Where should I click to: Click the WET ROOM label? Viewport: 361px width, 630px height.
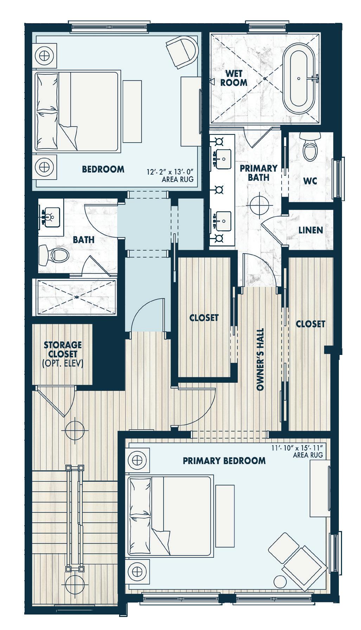[x=236, y=78]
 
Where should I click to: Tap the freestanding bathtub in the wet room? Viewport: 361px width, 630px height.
[x=298, y=79]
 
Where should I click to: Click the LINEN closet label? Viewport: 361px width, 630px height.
[x=311, y=230]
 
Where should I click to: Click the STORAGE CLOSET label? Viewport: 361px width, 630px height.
[x=63, y=349]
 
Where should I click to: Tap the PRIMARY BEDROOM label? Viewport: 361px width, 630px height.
[x=224, y=461]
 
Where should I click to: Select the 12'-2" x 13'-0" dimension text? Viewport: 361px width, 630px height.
[x=170, y=173]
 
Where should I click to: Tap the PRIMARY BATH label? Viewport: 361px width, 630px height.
[x=259, y=173]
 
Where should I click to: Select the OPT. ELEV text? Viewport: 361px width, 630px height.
[x=63, y=363]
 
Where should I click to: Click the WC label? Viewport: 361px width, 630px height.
[x=310, y=181]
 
